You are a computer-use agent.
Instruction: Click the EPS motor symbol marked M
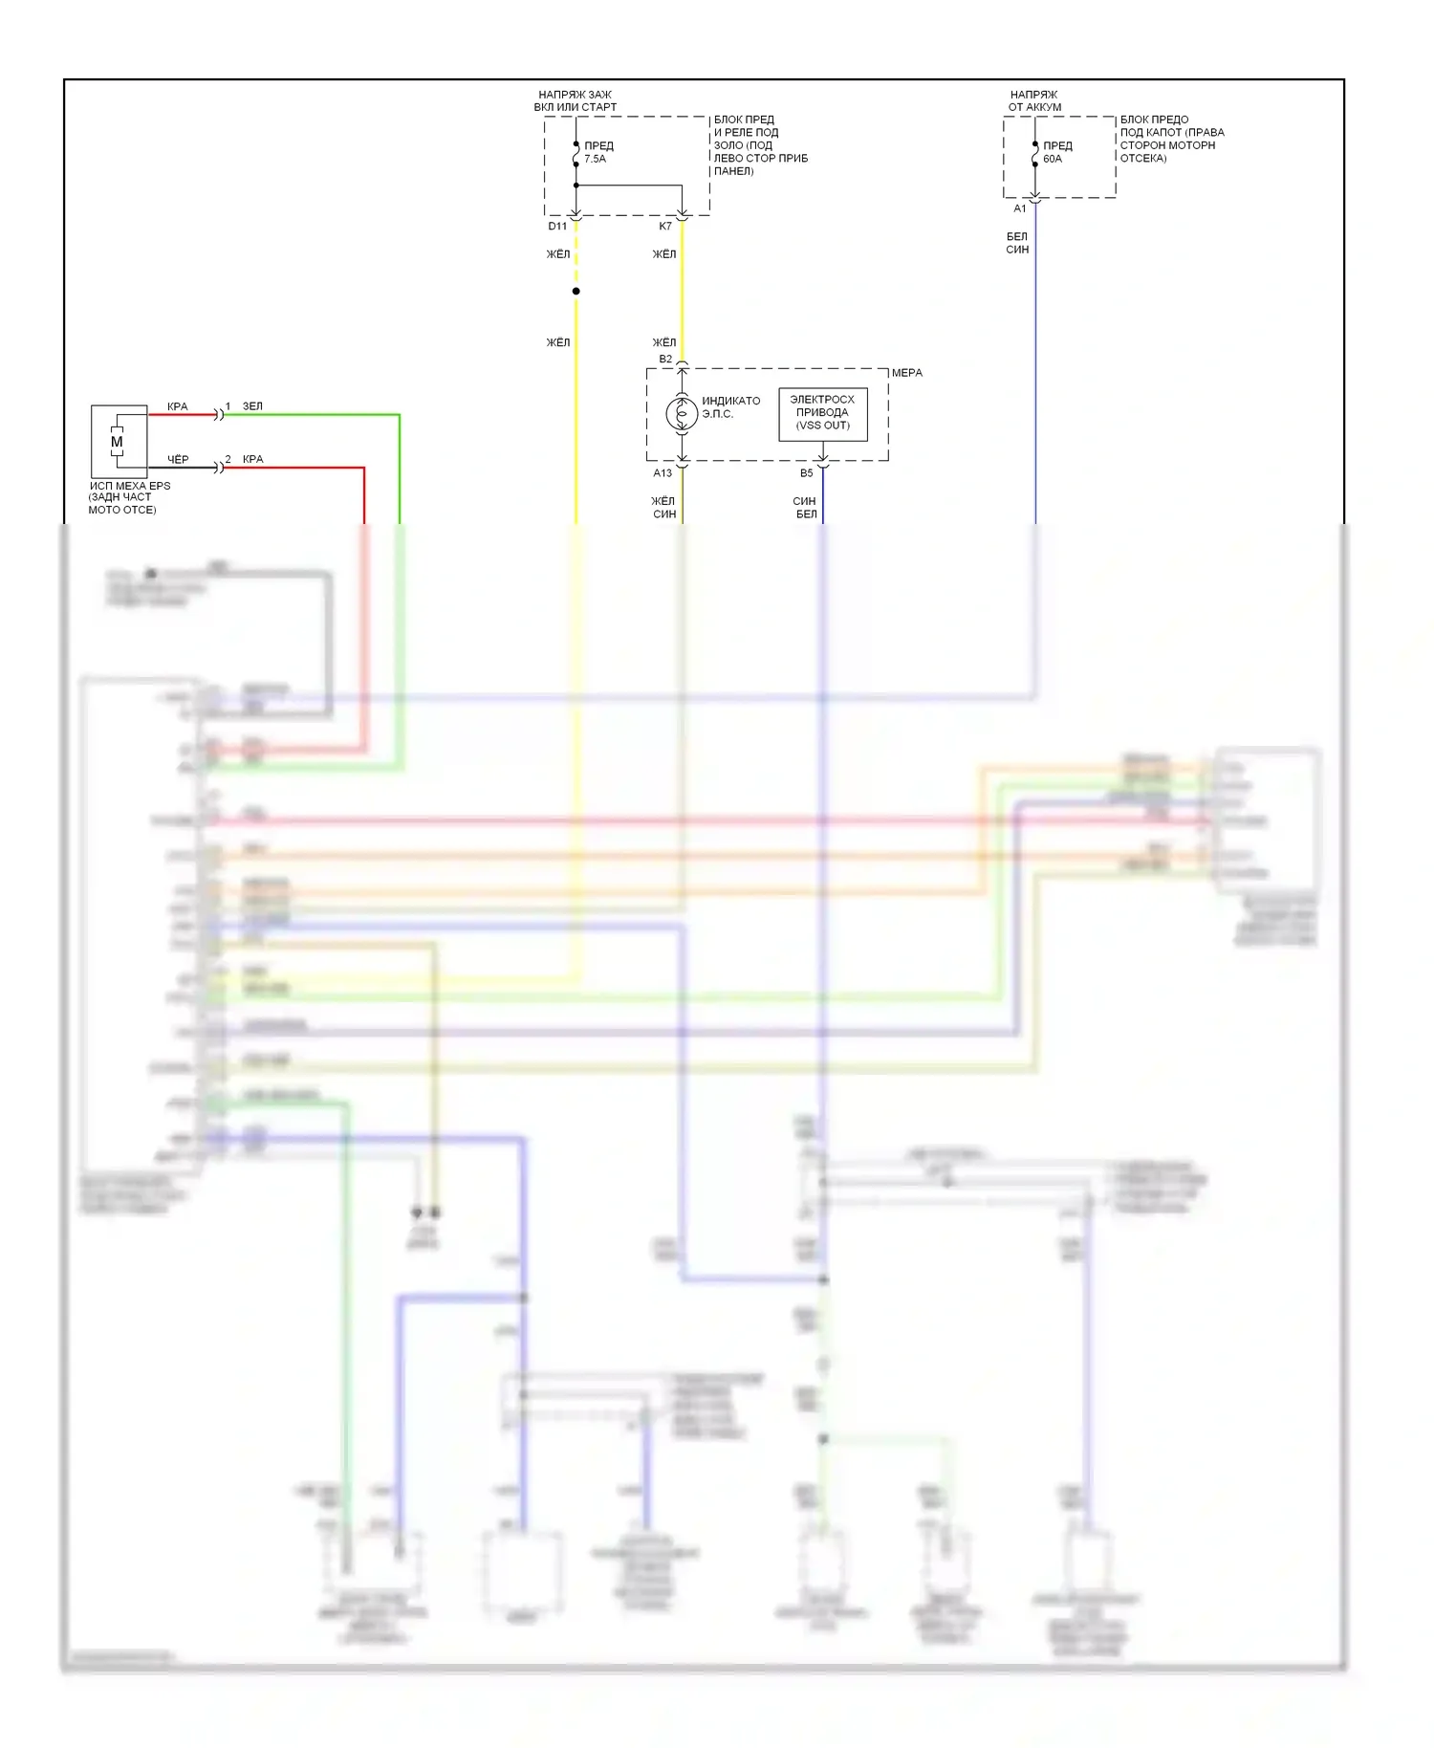coord(118,442)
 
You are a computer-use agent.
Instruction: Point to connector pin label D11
coord(557,227)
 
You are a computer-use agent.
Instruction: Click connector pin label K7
coord(665,227)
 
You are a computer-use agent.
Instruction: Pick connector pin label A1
coord(1020,208)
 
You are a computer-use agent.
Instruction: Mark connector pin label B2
coord(665,360)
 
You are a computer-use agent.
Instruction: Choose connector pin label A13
coord(663,473)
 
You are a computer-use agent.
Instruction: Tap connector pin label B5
coord(807,473)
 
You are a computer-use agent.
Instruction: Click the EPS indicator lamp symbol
coord(682,414)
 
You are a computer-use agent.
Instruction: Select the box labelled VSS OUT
coord(822,413)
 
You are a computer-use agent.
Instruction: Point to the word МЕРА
coord(907,373)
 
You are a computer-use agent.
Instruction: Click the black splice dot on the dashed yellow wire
coord(576,291)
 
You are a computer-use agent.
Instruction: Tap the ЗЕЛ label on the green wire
coord(252,406)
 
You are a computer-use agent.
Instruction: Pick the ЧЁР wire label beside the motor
coord(178,460)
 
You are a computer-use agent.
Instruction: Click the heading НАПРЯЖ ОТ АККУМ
coord(1034,101)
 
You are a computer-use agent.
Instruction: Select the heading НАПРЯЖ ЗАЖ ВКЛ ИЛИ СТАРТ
coord(575,101)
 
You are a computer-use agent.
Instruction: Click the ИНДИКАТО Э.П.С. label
coord(730,407)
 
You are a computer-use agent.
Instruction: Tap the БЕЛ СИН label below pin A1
coord(1017,243)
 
